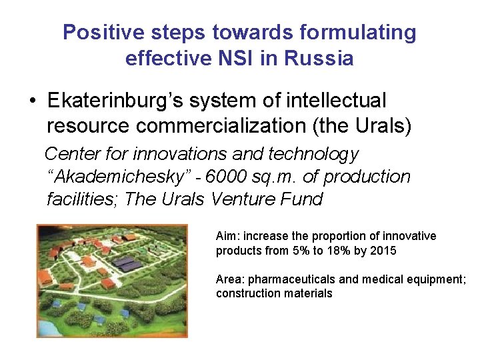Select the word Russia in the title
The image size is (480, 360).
[319, 58]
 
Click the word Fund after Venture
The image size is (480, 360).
[301, 199]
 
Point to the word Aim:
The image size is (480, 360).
[227, 236]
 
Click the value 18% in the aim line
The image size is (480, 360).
[347, 251]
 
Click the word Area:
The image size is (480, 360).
[229, 279]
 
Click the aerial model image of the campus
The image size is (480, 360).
[111, 280]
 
